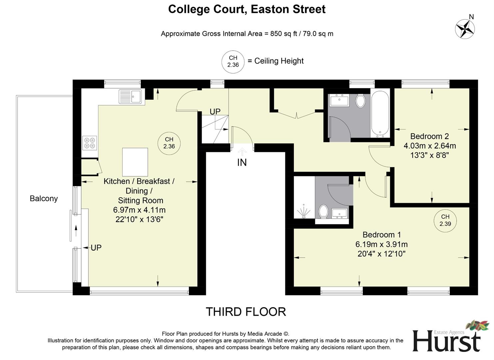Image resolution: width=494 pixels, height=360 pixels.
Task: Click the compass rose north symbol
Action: [x=465, y=29]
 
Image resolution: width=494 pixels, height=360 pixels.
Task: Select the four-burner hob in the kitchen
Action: [x=90, y=143]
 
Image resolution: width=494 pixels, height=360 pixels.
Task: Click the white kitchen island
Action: [x=135, y=162]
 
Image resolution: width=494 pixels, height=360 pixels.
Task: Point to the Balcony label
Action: [x=44, y=199]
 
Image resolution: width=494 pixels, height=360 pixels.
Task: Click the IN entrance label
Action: [x=242, y=163]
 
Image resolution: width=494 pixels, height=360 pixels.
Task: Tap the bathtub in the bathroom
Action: [x=380, y=113]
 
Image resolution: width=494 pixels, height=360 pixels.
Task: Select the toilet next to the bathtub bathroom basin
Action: [x=360, y=101]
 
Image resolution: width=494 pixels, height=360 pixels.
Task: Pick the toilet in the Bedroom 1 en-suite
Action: [x=323, y=211]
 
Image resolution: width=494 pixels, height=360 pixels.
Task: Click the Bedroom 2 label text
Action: [x=429, y=136]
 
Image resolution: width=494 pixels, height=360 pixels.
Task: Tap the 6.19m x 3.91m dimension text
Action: [x=381, y=244]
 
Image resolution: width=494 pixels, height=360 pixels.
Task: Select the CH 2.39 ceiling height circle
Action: [x=445, y=220]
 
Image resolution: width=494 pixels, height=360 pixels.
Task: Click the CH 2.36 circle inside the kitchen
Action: [x=169, y=143]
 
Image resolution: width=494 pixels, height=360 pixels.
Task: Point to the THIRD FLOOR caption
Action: [x=246, y=312]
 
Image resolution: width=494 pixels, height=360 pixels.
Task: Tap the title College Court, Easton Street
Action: [x=247, y=9]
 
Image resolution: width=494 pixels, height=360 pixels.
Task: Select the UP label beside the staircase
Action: [x=215, y=112]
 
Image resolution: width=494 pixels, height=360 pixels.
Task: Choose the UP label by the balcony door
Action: [x=96, y=248]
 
